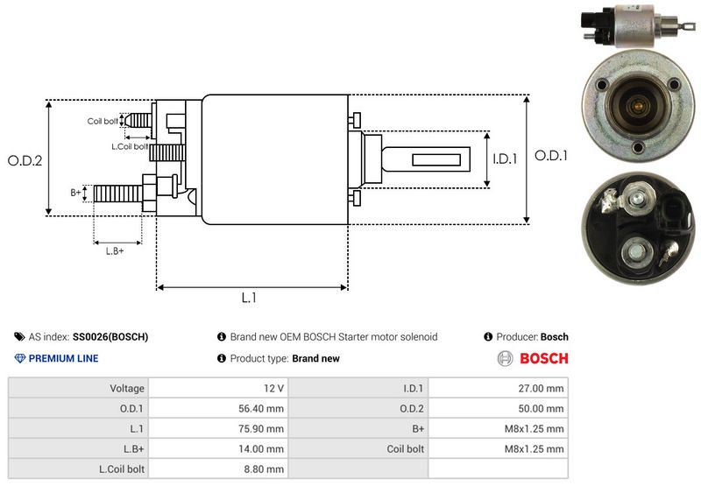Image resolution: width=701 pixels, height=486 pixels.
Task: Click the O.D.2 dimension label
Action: [25, 160]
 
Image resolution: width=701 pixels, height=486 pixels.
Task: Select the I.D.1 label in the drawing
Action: [506, 159]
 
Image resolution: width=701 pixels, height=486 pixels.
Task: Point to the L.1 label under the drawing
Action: [249, 298]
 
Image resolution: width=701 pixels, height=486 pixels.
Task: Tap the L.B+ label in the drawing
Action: [115, 251]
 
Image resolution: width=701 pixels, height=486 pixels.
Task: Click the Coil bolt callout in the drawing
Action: [103, 121]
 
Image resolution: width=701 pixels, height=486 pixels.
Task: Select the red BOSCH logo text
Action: [543, 358]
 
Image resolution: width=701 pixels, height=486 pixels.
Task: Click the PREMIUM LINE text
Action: [63, 358]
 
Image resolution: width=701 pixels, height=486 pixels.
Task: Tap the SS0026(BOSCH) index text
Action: [110, 336]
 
